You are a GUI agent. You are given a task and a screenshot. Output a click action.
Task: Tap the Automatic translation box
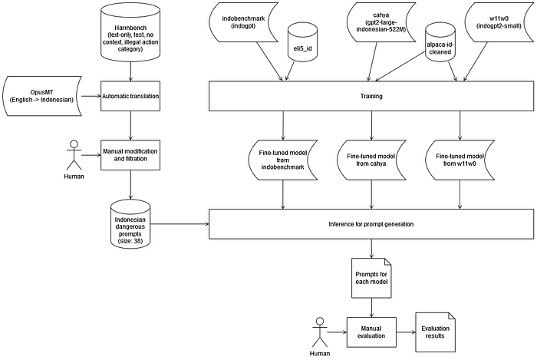[130, 96]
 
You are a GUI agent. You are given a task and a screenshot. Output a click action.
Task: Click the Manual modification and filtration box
[130, 155]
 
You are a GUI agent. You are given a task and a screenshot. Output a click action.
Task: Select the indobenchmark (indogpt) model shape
[243, 22]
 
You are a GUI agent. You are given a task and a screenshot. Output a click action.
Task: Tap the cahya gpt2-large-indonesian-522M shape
[381, 22]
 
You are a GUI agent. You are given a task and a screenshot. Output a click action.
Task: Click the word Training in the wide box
[371, 96]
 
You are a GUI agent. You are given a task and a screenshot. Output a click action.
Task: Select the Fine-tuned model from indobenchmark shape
[283, 160]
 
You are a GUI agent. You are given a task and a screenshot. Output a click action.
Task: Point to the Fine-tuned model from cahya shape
[371, 160]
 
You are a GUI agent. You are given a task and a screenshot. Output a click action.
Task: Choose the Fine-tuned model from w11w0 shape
[460, 160]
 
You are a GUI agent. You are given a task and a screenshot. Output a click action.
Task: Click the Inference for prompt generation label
[371, 224]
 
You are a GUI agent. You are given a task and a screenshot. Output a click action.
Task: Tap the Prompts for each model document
[371, 278]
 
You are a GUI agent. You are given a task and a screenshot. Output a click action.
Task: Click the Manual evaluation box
[371, 332]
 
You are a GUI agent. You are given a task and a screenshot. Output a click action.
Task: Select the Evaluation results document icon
[435, 332]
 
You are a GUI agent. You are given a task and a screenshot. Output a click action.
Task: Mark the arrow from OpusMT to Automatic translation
[91, 96]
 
